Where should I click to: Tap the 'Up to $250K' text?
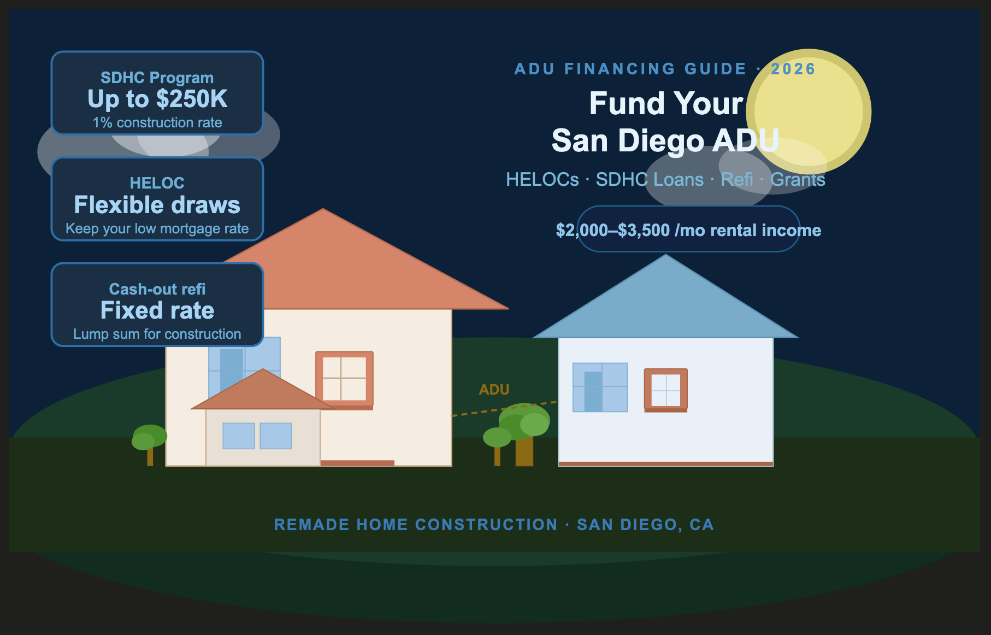[157, 99]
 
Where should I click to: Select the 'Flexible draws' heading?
[157, 205]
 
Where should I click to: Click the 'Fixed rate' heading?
[157, 311]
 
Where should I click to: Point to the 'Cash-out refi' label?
[157, 289]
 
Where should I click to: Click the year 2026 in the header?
[793, 69]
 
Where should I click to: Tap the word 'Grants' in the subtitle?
[798, 180]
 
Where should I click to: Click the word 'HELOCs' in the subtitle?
[542, 180]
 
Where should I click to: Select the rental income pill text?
[688, 230]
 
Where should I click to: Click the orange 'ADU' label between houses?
[494, 390]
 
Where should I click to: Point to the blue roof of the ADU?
[665, 306]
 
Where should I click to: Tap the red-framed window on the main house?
[344, 378]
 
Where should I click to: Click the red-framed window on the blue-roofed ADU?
[665, 390]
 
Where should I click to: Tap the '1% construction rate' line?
[157, 123]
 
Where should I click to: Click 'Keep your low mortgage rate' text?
[157, 228]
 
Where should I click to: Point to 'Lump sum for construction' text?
[157, 334]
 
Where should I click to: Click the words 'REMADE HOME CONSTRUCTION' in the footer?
[415, 525]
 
